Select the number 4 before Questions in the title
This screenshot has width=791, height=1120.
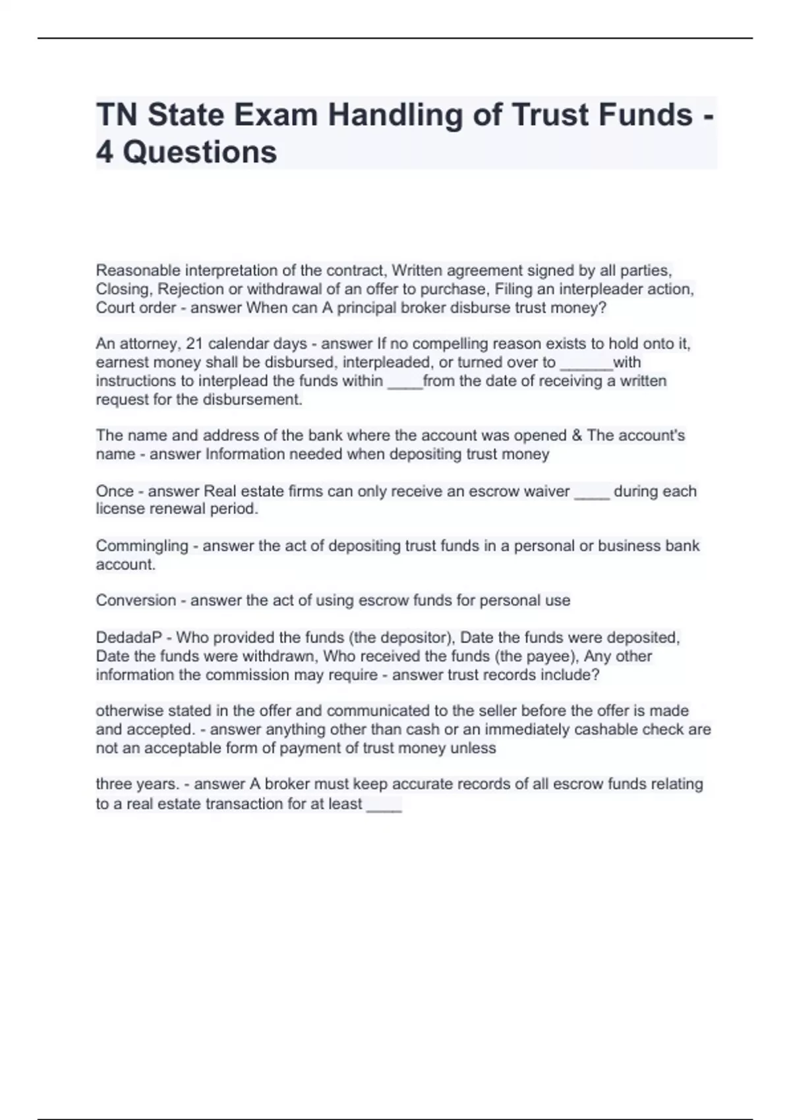click(x=104, y=152)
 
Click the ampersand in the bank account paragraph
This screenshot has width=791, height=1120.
click(x=577, y=435)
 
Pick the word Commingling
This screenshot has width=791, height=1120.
click(x=142, y=546)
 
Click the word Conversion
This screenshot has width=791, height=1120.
click(x=136, y=600)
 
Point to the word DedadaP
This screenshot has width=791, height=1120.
click(x=129, y=637)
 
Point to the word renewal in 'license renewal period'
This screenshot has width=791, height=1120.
click(x=179, y=509)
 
